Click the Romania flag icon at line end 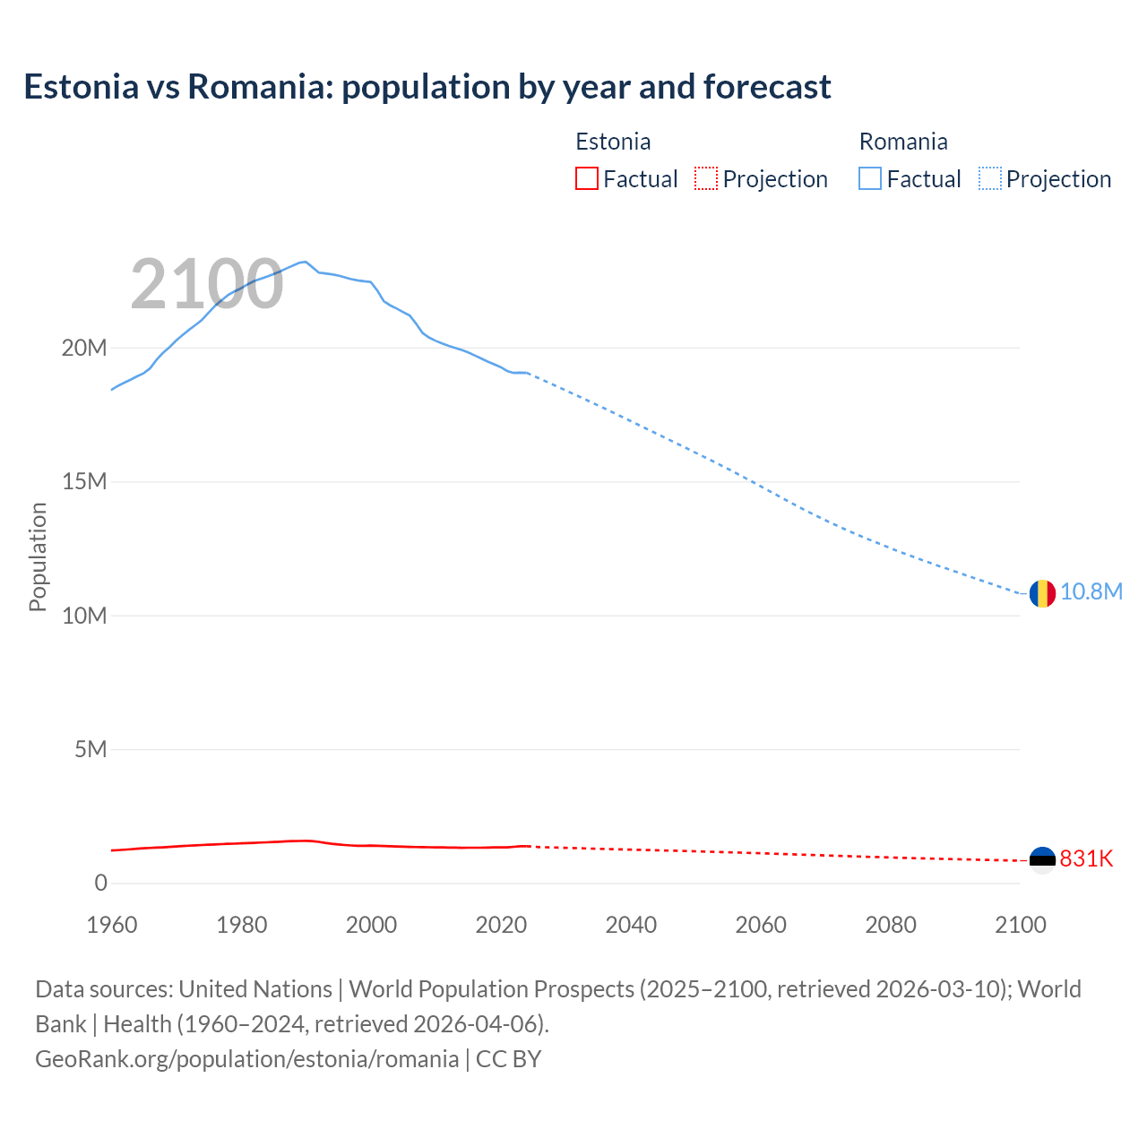[x=1042, y=593]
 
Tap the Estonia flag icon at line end [x=1042, y=860]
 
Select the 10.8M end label [x=1091, y=592]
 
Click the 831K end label [x=1086, y=859]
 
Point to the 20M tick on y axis [x=84, y=349]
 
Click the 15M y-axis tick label [x=84, y=482]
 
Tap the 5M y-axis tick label [x=91, y=749]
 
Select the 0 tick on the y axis [x=100, y=884]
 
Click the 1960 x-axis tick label [x=112, y=925]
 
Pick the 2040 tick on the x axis [x=631, y=925]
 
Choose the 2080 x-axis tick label [x=891, y=925]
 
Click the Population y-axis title [x=38, y=556]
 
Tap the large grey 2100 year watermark [x=207, y=285]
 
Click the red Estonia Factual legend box [x=587, y=178]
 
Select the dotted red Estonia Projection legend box [x=706, y=178]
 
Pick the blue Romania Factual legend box [x=870, y=178]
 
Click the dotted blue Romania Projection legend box [x=990, y=178]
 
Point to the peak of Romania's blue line [x=305, y=262]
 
